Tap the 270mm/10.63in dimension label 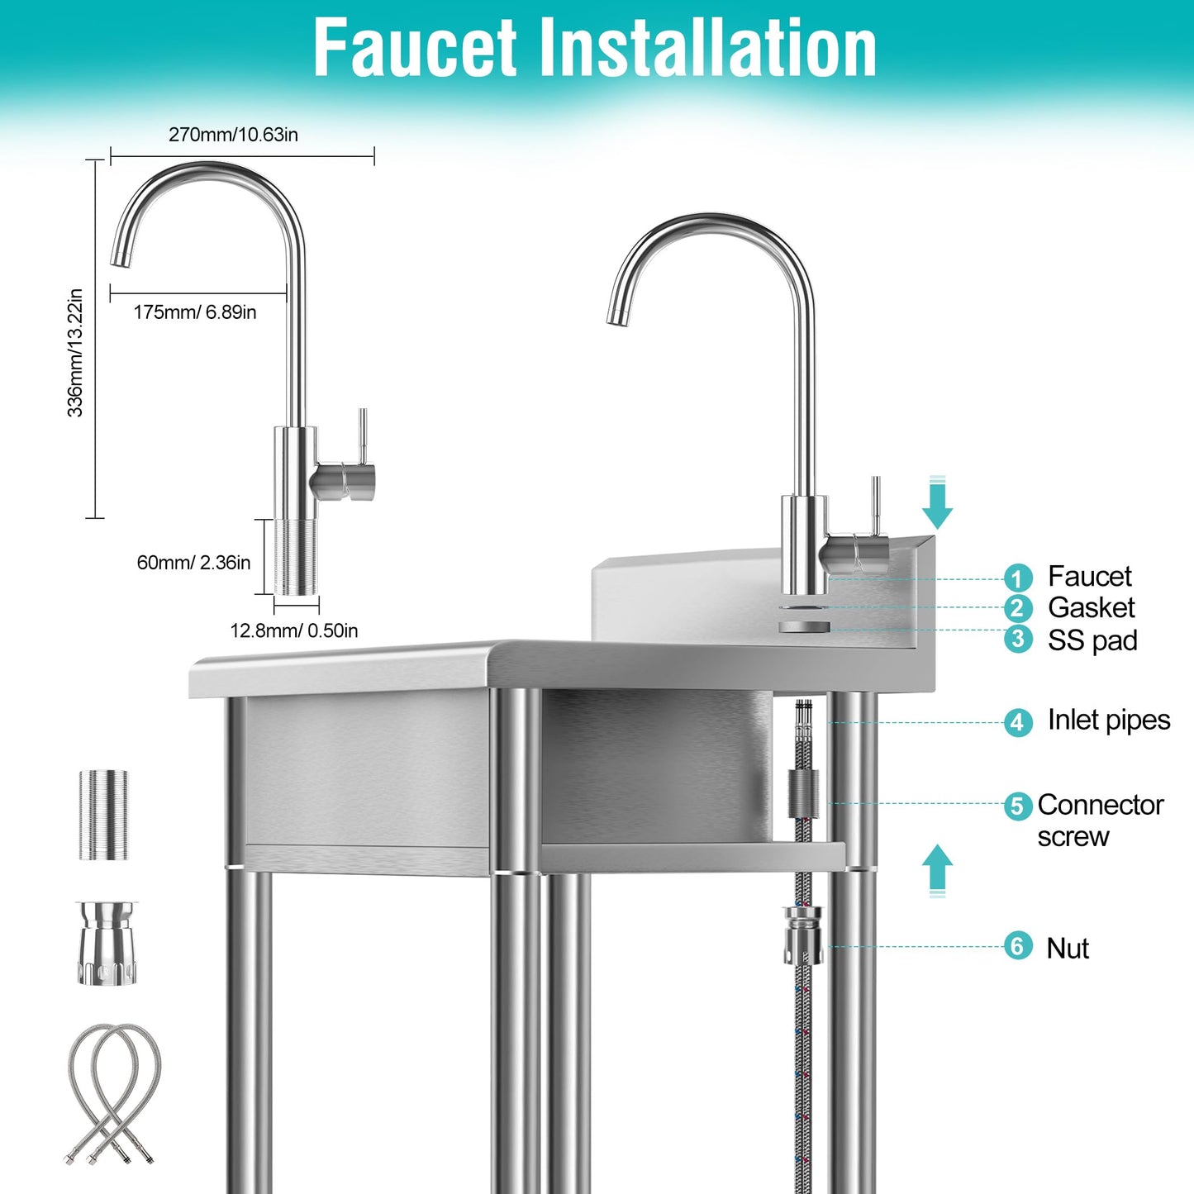tap(233, 135)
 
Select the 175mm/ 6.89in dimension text tap(195, 312)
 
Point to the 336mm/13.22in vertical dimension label tap(75, 353)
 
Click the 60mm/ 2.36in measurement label tap(193, 563)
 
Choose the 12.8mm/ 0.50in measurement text tap(293, 630)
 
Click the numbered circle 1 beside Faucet tap(1017, 578)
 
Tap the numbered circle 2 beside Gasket tap(1017, 608)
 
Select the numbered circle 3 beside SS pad tap(1017, 639)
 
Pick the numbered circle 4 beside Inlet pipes tap(1017, 721)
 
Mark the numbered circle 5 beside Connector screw tap(1017, 806)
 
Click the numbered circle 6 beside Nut tap(1017, 946)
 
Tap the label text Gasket tap(1091, 608)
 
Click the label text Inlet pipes tap(1108, 721)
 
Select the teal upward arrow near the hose tap(937, 870)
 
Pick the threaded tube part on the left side tap(104, 815)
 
